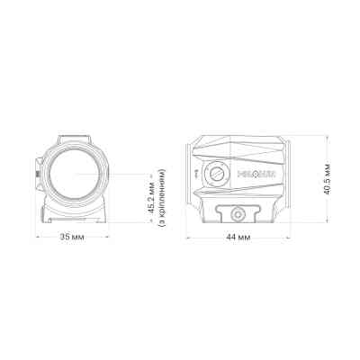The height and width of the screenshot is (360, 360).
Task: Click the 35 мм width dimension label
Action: click(73, 237)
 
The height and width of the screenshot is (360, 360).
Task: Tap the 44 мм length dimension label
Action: click(238, 237)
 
